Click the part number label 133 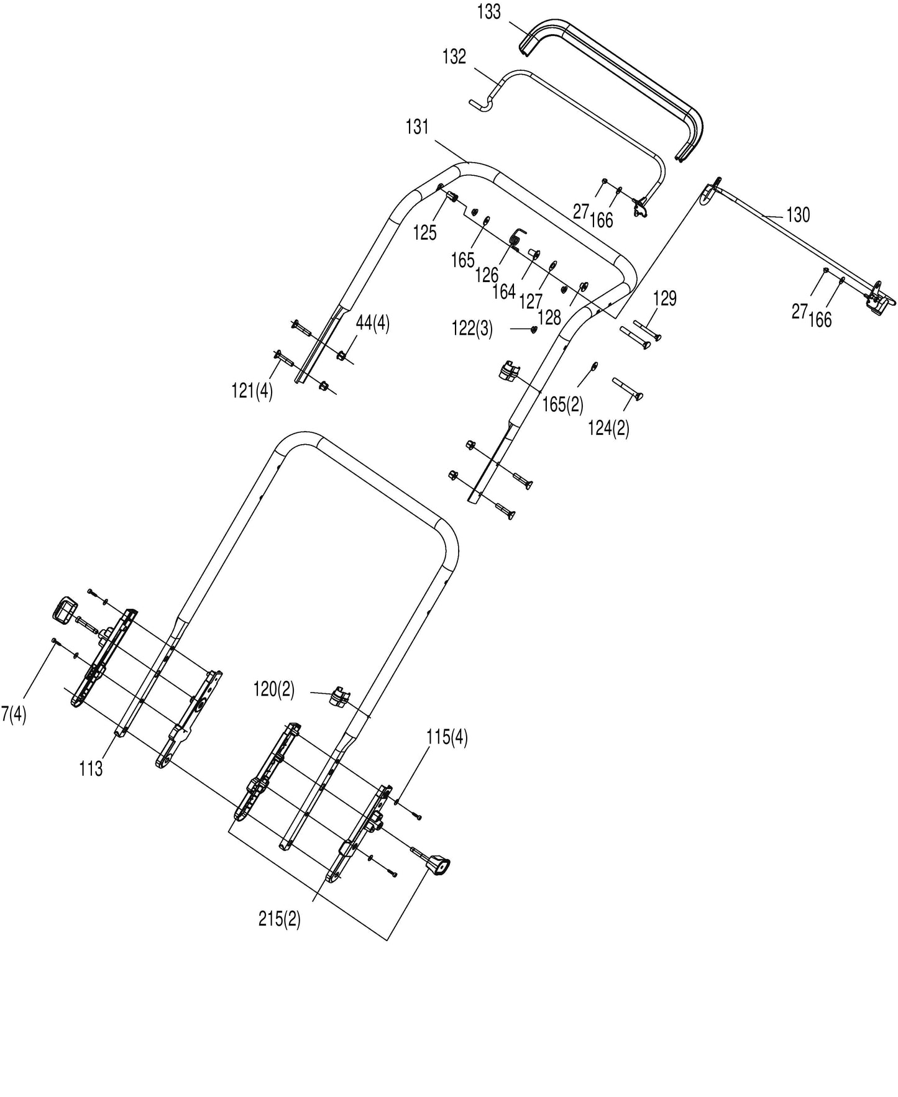(489, 12)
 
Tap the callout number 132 (454, 57)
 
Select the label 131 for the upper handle (418, 127)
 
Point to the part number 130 (798, 215)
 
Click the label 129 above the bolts (664, 299)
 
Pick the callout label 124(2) (608, 428)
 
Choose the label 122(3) (472, 329)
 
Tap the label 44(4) (373, 324)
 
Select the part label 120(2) (274, 689)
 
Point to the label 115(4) (447, 737)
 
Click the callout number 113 (91, 769)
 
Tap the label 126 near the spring (487, 275)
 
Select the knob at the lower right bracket (439, 865)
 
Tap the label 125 (425, 233)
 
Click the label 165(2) (563, 404)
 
